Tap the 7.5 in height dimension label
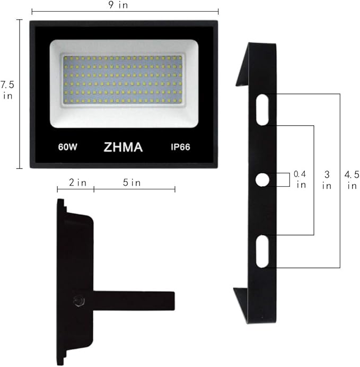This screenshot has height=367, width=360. [x=7, y=90]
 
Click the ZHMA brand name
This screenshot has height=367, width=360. [x=124, y=147]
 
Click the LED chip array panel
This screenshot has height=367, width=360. [x=124, y=80]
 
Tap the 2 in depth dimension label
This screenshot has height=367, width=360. [x=77, y=183]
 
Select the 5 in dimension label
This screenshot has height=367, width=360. [x=132, y=183]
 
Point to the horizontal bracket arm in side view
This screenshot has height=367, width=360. [x=133, y=301]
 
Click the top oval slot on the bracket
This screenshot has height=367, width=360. [x=262, y=109]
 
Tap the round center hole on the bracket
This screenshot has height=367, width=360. [x=262, y=180]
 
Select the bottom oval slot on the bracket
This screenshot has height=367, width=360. [x=262, y=251]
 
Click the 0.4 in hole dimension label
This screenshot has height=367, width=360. [x=301, y=179]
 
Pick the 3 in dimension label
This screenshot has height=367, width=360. [x=327, y=179]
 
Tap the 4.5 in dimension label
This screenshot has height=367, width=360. [x=350, y=179]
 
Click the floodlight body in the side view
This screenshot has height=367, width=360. [x=74, y=255]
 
